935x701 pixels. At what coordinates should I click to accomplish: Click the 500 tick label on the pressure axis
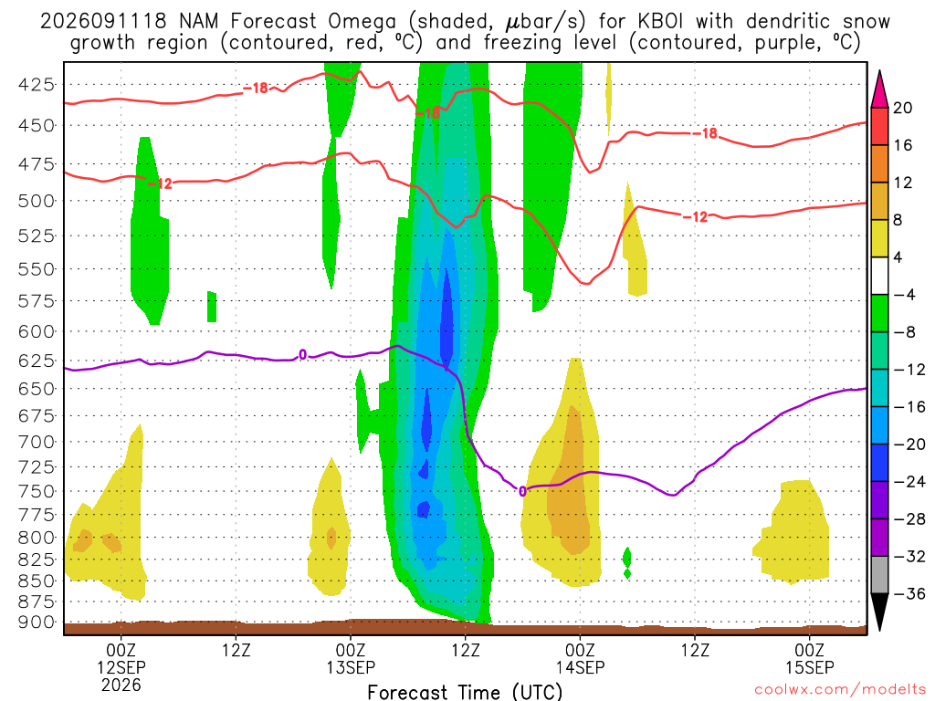(37, 200)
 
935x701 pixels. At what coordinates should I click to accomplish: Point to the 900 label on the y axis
(37, 623)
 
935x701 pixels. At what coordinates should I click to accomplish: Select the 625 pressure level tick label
(37, 361)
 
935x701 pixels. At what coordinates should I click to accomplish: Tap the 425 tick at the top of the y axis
(37, 85)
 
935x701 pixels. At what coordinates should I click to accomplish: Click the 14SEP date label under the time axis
(580, 667)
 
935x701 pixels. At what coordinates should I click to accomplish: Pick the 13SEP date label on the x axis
(351, 667)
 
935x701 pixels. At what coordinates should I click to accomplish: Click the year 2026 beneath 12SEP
(121, 685)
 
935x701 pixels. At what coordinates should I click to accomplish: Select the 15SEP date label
(810, 667)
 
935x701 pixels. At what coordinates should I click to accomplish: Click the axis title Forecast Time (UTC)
(465, 692)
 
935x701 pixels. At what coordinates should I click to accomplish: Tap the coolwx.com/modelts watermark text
(840, 690)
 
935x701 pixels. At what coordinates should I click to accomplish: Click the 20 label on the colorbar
(903, 108)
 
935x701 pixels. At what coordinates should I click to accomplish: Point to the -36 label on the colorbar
(909, 593)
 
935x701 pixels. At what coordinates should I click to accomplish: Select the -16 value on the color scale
(909, 406)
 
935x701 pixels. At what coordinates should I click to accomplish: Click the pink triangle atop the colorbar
(879, 89)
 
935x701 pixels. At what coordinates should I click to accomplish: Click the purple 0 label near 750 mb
(522, 491)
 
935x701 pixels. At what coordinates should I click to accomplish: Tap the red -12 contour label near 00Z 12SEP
(160, 183)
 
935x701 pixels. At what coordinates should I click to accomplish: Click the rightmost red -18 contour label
(706, 133)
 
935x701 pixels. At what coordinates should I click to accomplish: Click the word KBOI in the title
(661, 22)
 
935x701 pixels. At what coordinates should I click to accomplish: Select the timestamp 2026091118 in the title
(103, 22)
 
